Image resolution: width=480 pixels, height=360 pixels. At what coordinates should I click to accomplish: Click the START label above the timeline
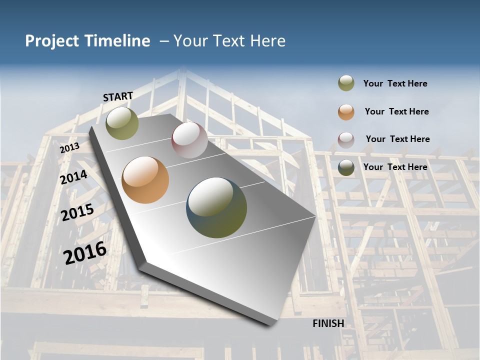pos(118,96)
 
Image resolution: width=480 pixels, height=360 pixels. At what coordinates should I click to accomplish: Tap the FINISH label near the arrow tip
pos(328,323)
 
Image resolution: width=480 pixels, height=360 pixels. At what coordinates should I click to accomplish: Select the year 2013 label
pos(70,147)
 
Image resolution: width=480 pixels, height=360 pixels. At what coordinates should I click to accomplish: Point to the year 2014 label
pos(74,177)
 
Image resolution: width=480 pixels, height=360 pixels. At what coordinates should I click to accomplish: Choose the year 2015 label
pos(77,212)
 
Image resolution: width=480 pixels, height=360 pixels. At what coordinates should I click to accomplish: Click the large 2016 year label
pos(85,253)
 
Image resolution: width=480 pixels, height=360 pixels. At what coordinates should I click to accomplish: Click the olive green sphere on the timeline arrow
pos(122,123)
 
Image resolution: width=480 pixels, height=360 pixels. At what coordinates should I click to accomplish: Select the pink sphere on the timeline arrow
pos(189,140)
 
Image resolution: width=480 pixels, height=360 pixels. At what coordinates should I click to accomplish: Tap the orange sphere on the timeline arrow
pos(145,180)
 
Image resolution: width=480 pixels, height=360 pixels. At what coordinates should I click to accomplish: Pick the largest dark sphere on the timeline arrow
pos(216,207)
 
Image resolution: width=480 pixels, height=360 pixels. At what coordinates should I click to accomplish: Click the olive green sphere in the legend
pos(346,83)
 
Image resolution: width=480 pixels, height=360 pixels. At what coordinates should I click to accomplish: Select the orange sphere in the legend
pos(346,112)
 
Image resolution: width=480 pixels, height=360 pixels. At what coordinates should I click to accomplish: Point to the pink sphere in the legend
pos(346,140)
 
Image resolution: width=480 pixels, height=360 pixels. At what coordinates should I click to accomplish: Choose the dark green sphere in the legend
pos(346,167)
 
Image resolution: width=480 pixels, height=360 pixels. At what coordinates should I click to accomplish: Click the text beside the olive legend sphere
pos(395,83)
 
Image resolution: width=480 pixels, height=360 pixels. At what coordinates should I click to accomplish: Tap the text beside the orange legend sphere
pos(396,111)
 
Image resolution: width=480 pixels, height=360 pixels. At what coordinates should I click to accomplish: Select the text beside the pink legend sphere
pos(397,139)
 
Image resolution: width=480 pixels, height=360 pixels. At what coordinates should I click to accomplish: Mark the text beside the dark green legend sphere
pos(395,167)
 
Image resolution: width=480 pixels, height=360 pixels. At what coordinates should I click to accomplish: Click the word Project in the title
pos(52,41)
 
